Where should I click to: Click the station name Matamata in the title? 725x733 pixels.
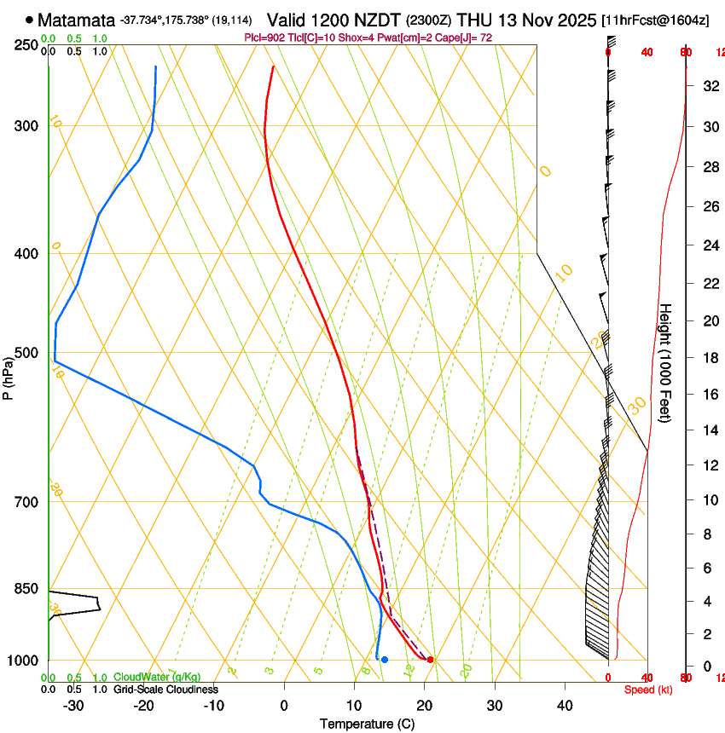(77, 20)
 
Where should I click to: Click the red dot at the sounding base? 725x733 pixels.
(431, 660)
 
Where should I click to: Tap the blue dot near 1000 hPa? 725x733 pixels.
(385, 660)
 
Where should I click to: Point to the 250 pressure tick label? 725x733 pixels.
(26, 45)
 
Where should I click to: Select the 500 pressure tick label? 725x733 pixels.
(26, 353)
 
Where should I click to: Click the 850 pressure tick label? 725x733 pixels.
(26, 589)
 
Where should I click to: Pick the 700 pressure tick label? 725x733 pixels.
(26, 502)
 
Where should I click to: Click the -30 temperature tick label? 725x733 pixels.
(73, 706)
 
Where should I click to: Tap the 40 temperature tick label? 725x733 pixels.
(565, 706)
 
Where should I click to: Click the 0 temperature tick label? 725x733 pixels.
(284, 706)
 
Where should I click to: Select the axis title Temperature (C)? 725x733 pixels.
(367, 724)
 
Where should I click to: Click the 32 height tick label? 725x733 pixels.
(709, 85)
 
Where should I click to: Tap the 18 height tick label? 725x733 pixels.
(709, 358)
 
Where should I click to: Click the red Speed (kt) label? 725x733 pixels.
(647, 690)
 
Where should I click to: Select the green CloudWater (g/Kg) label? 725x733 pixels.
(157, 678)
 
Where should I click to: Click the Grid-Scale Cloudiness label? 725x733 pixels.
(165, 690)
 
